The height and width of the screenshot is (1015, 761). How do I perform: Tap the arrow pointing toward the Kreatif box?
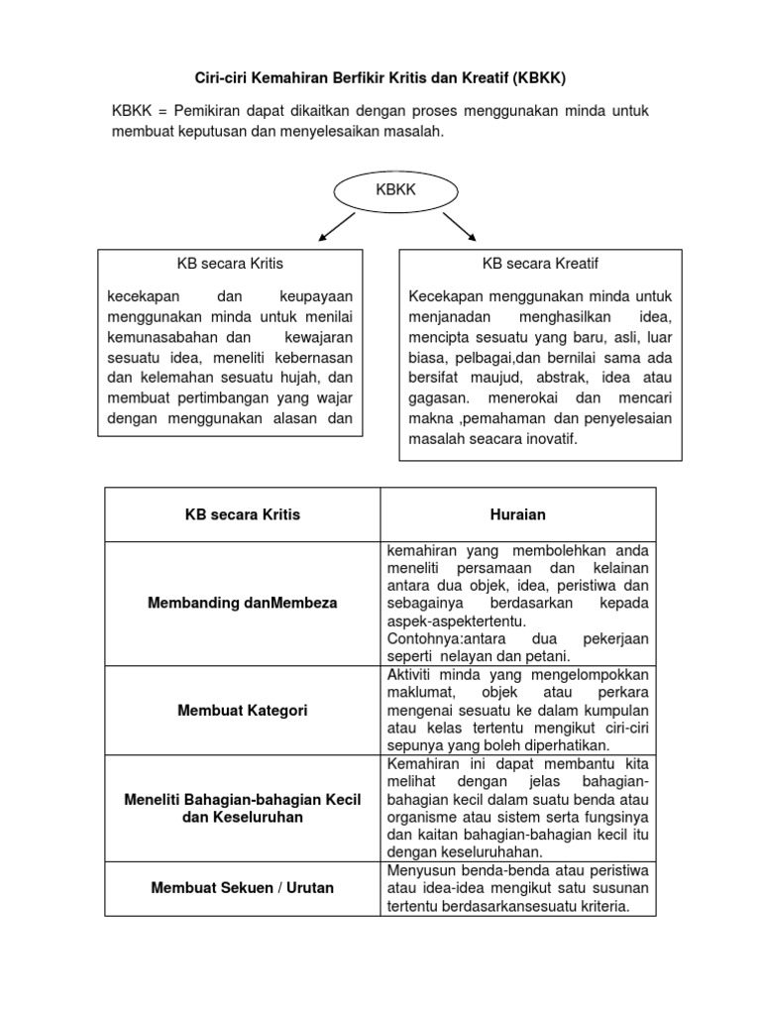point(458,227)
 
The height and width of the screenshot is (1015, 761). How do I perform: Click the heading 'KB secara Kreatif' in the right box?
point(540,264)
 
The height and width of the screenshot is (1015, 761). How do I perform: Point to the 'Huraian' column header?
point(518,514)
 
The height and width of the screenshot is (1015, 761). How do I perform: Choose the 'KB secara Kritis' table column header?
point(243,514)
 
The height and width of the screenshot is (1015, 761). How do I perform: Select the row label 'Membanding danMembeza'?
point(243,603)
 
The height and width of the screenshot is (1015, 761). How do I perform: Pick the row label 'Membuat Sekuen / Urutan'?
point(243,887)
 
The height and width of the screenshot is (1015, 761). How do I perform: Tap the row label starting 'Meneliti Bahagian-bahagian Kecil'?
point(243,799)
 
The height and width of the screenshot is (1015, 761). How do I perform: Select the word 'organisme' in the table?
point(421,816)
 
